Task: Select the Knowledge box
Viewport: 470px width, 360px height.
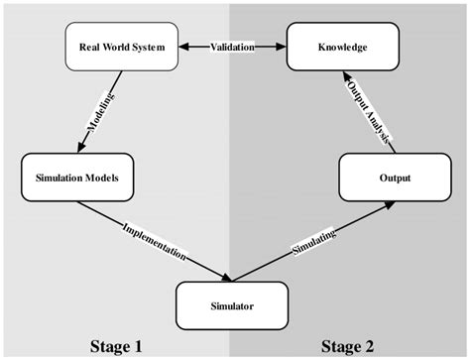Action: (342, 47)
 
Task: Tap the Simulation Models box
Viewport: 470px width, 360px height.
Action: (76, 179)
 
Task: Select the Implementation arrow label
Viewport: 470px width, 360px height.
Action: (154, 240)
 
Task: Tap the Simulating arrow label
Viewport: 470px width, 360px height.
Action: (312, 240)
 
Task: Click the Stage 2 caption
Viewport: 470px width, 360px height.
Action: (347, 346)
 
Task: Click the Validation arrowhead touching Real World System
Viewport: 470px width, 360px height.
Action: (186, 47)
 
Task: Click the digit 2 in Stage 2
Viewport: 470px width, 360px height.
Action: (369, 346)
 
